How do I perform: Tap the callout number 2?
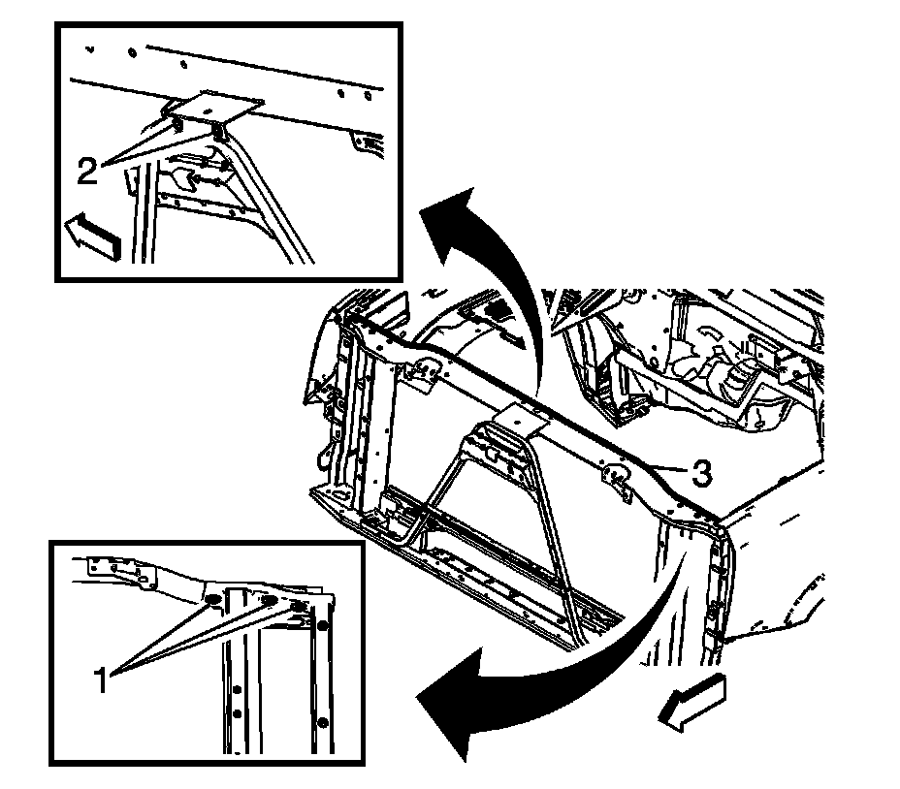(x=87, y=173)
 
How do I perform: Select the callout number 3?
(x=702, y=473)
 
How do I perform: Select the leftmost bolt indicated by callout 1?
(x=210, y=604)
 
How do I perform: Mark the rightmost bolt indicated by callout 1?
(x=300, y=604)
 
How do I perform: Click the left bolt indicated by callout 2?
(x=180, y=123)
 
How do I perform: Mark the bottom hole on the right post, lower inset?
(x=324, y=723)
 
